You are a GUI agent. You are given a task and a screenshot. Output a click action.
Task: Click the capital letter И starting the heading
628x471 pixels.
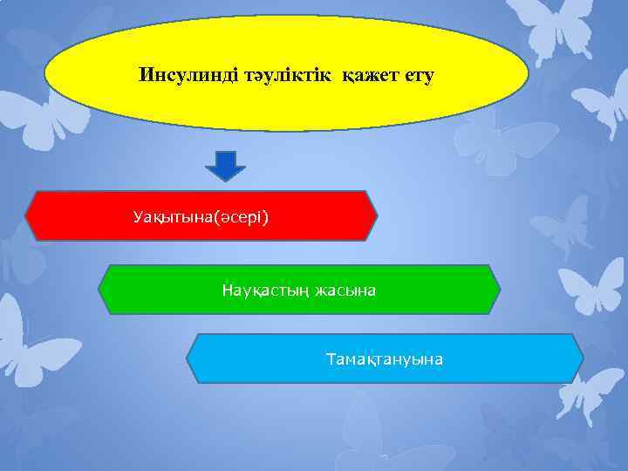coord(145,76)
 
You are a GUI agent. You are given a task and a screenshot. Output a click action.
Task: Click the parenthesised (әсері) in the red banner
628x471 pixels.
coord(240,215)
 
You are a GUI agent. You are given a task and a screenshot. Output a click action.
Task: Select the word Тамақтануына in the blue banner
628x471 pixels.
coord(384,358)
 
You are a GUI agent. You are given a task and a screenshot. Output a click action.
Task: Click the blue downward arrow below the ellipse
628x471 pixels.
coord(226,164)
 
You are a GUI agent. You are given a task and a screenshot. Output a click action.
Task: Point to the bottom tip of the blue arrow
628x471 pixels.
coord(226,180)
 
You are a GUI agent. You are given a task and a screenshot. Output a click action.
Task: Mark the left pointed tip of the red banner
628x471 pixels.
coord(27,215)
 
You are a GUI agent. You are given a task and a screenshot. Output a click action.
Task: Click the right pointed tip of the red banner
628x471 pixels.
coord(378,215)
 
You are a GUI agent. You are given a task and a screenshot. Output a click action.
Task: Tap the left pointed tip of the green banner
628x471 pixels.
coord(99,290)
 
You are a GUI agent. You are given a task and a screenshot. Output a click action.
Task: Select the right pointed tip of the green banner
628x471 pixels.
coord(501,290)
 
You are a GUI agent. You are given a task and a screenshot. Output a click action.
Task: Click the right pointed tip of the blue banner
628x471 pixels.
coord(584,358)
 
